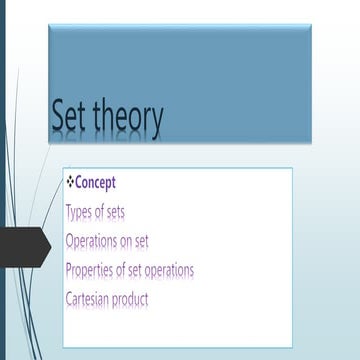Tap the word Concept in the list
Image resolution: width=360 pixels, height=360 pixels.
tap(95, 183)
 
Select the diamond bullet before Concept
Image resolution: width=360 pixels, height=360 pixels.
tap(69, 182)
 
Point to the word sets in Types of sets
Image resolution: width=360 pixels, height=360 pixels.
tap(114, 212)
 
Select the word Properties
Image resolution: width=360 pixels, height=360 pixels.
tap(89, 270)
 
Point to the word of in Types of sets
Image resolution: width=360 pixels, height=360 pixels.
tap(98, 212)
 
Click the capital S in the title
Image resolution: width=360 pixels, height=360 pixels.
tap(59, 119)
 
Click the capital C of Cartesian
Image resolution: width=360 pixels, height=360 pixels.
tap(69, 299)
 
